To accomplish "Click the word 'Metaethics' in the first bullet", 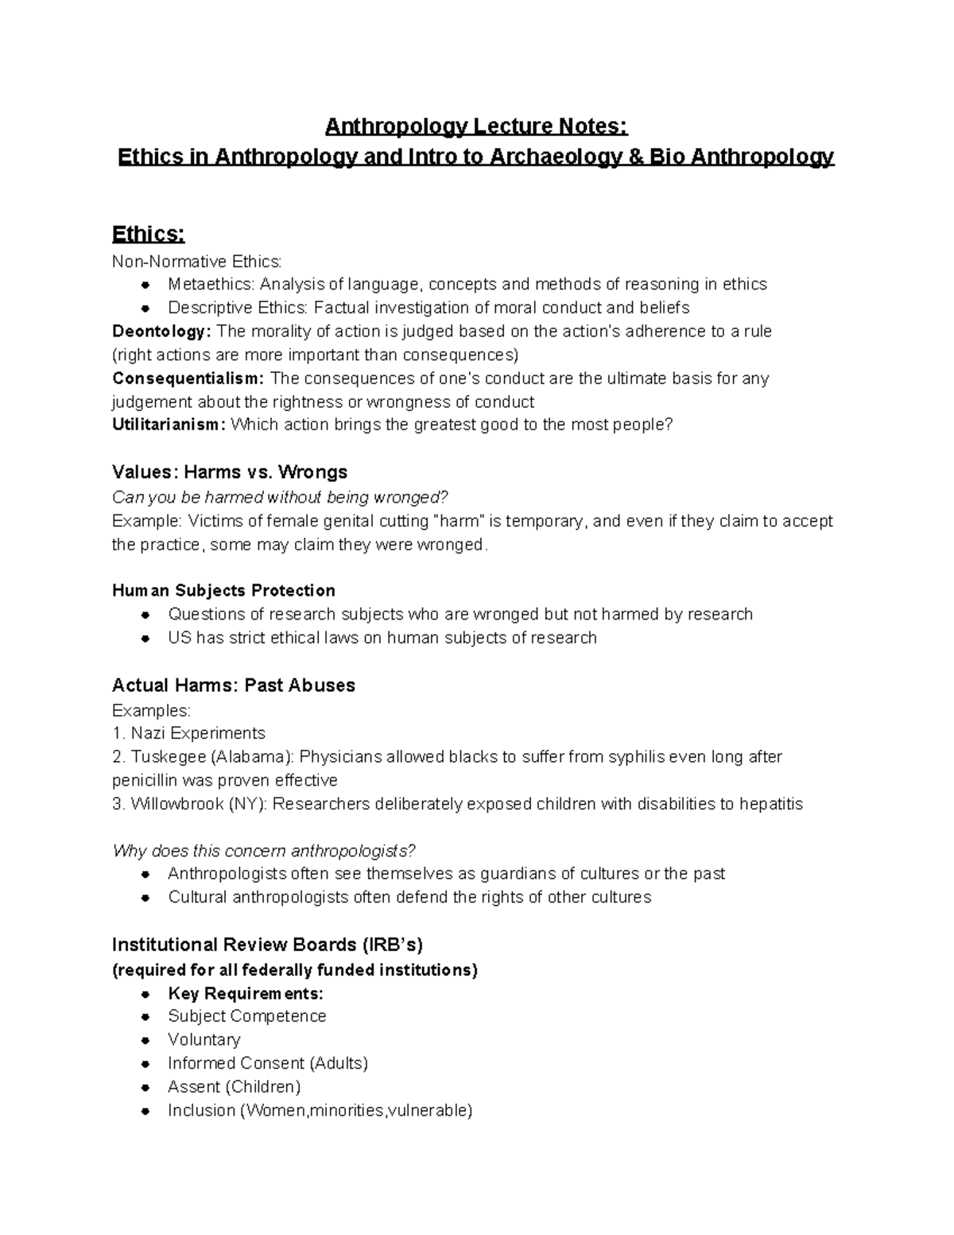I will pos(210,284).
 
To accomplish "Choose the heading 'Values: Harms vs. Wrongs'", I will pos(230,472).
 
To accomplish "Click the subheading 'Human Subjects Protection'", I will pos(223,590).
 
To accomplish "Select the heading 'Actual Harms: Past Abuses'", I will pos(234,685).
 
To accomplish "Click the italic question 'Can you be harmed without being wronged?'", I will pos(281,497).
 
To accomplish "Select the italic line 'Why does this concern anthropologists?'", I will pos(264,851).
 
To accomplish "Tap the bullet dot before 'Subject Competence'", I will pos(145,1017).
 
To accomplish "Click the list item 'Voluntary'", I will pos(204,1039).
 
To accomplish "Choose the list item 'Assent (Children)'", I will pos(234,1086).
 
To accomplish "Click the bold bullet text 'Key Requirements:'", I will pos(246,993).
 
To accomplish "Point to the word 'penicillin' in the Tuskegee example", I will pos(145,780).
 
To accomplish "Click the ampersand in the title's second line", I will pos(634,157).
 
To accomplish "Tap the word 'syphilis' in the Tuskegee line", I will pos(637,756).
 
